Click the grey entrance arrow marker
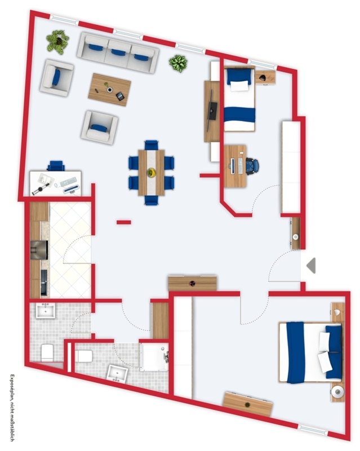click(x=312, y=266)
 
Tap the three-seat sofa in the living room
click(x=118, y=52)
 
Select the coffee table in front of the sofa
click(x=109, y=90)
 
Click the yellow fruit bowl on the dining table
click(x=151, y=173)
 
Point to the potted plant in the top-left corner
click(x=58, y=42)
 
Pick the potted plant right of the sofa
click(x=178, y=63)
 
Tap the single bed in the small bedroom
click(x=239, y=99)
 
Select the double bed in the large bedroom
click(x=310, y=353)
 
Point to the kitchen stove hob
click(x=39, y=250)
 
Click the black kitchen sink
click(x=44, y=282)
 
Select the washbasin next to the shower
click(x=117, y=374)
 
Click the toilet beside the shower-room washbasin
click(x=83, y=356)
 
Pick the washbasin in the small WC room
click(x=46, y=311)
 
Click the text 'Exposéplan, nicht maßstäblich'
click(x=12, y=408)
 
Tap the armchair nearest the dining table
click(x=100, y=127)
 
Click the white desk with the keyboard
click(x=56, y=183)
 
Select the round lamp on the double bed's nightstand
click(x=337, y=391)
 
